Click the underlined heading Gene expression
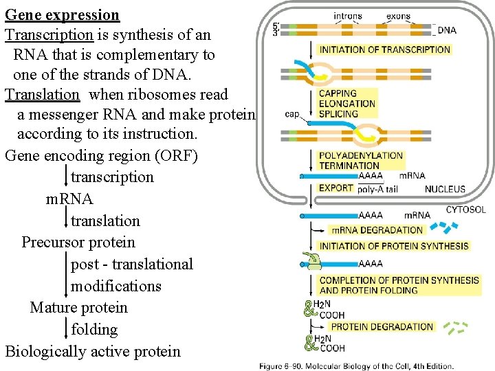click(x=62, y=14)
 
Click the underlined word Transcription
click(x=49, y=34)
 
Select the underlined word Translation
click(x=43, y=94)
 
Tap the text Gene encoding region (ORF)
click(x=101, y=155)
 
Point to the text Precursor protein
click(x=78, y=242)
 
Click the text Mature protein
click(x=78, y=307)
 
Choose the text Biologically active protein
click(x=93, y=351)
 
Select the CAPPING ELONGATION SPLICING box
click(x=347, y=104)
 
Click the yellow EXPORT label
click(x=336, y=188)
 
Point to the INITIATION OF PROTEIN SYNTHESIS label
click(x=394, y=246)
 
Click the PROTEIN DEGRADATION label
click(x=382, y=326)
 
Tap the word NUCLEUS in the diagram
click(x=445, y=189)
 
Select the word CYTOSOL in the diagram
click(x=465, y=210)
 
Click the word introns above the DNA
click(x=348, y=16)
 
